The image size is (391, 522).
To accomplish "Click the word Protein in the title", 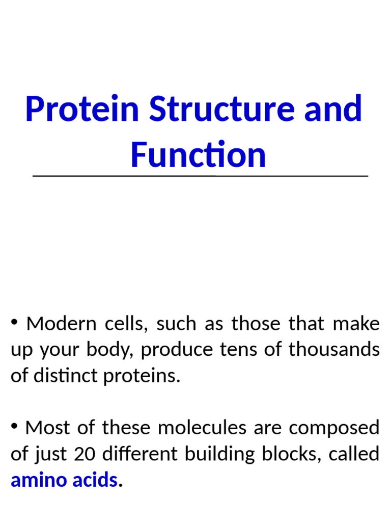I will point(82,109).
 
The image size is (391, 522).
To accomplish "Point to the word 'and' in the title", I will point(334,109).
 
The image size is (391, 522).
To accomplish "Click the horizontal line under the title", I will point(200,176).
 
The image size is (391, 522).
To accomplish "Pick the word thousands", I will point(333,350).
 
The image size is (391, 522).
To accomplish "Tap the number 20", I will point(85,454).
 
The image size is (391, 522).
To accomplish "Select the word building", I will point(225,454).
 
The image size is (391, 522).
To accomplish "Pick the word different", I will point(134,454).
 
